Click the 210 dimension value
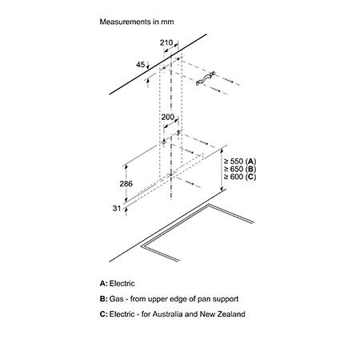166,42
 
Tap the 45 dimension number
140,65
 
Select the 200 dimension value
167,117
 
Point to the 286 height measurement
126,183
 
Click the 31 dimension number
117,208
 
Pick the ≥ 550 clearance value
234,162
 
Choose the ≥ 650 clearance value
234,169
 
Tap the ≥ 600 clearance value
234,177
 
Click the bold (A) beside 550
250,162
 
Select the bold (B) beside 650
250,170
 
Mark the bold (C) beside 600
250,177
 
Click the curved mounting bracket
206,78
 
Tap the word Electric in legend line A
122,283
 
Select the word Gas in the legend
116,298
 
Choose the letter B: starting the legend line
104,298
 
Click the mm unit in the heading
167,22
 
